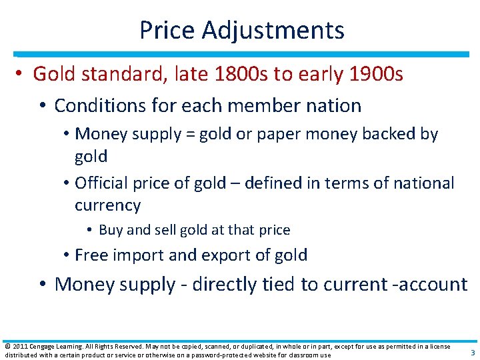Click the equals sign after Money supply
coord(191,134)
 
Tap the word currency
coord(107,205)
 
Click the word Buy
coord(110,230)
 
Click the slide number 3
coord(472,353)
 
